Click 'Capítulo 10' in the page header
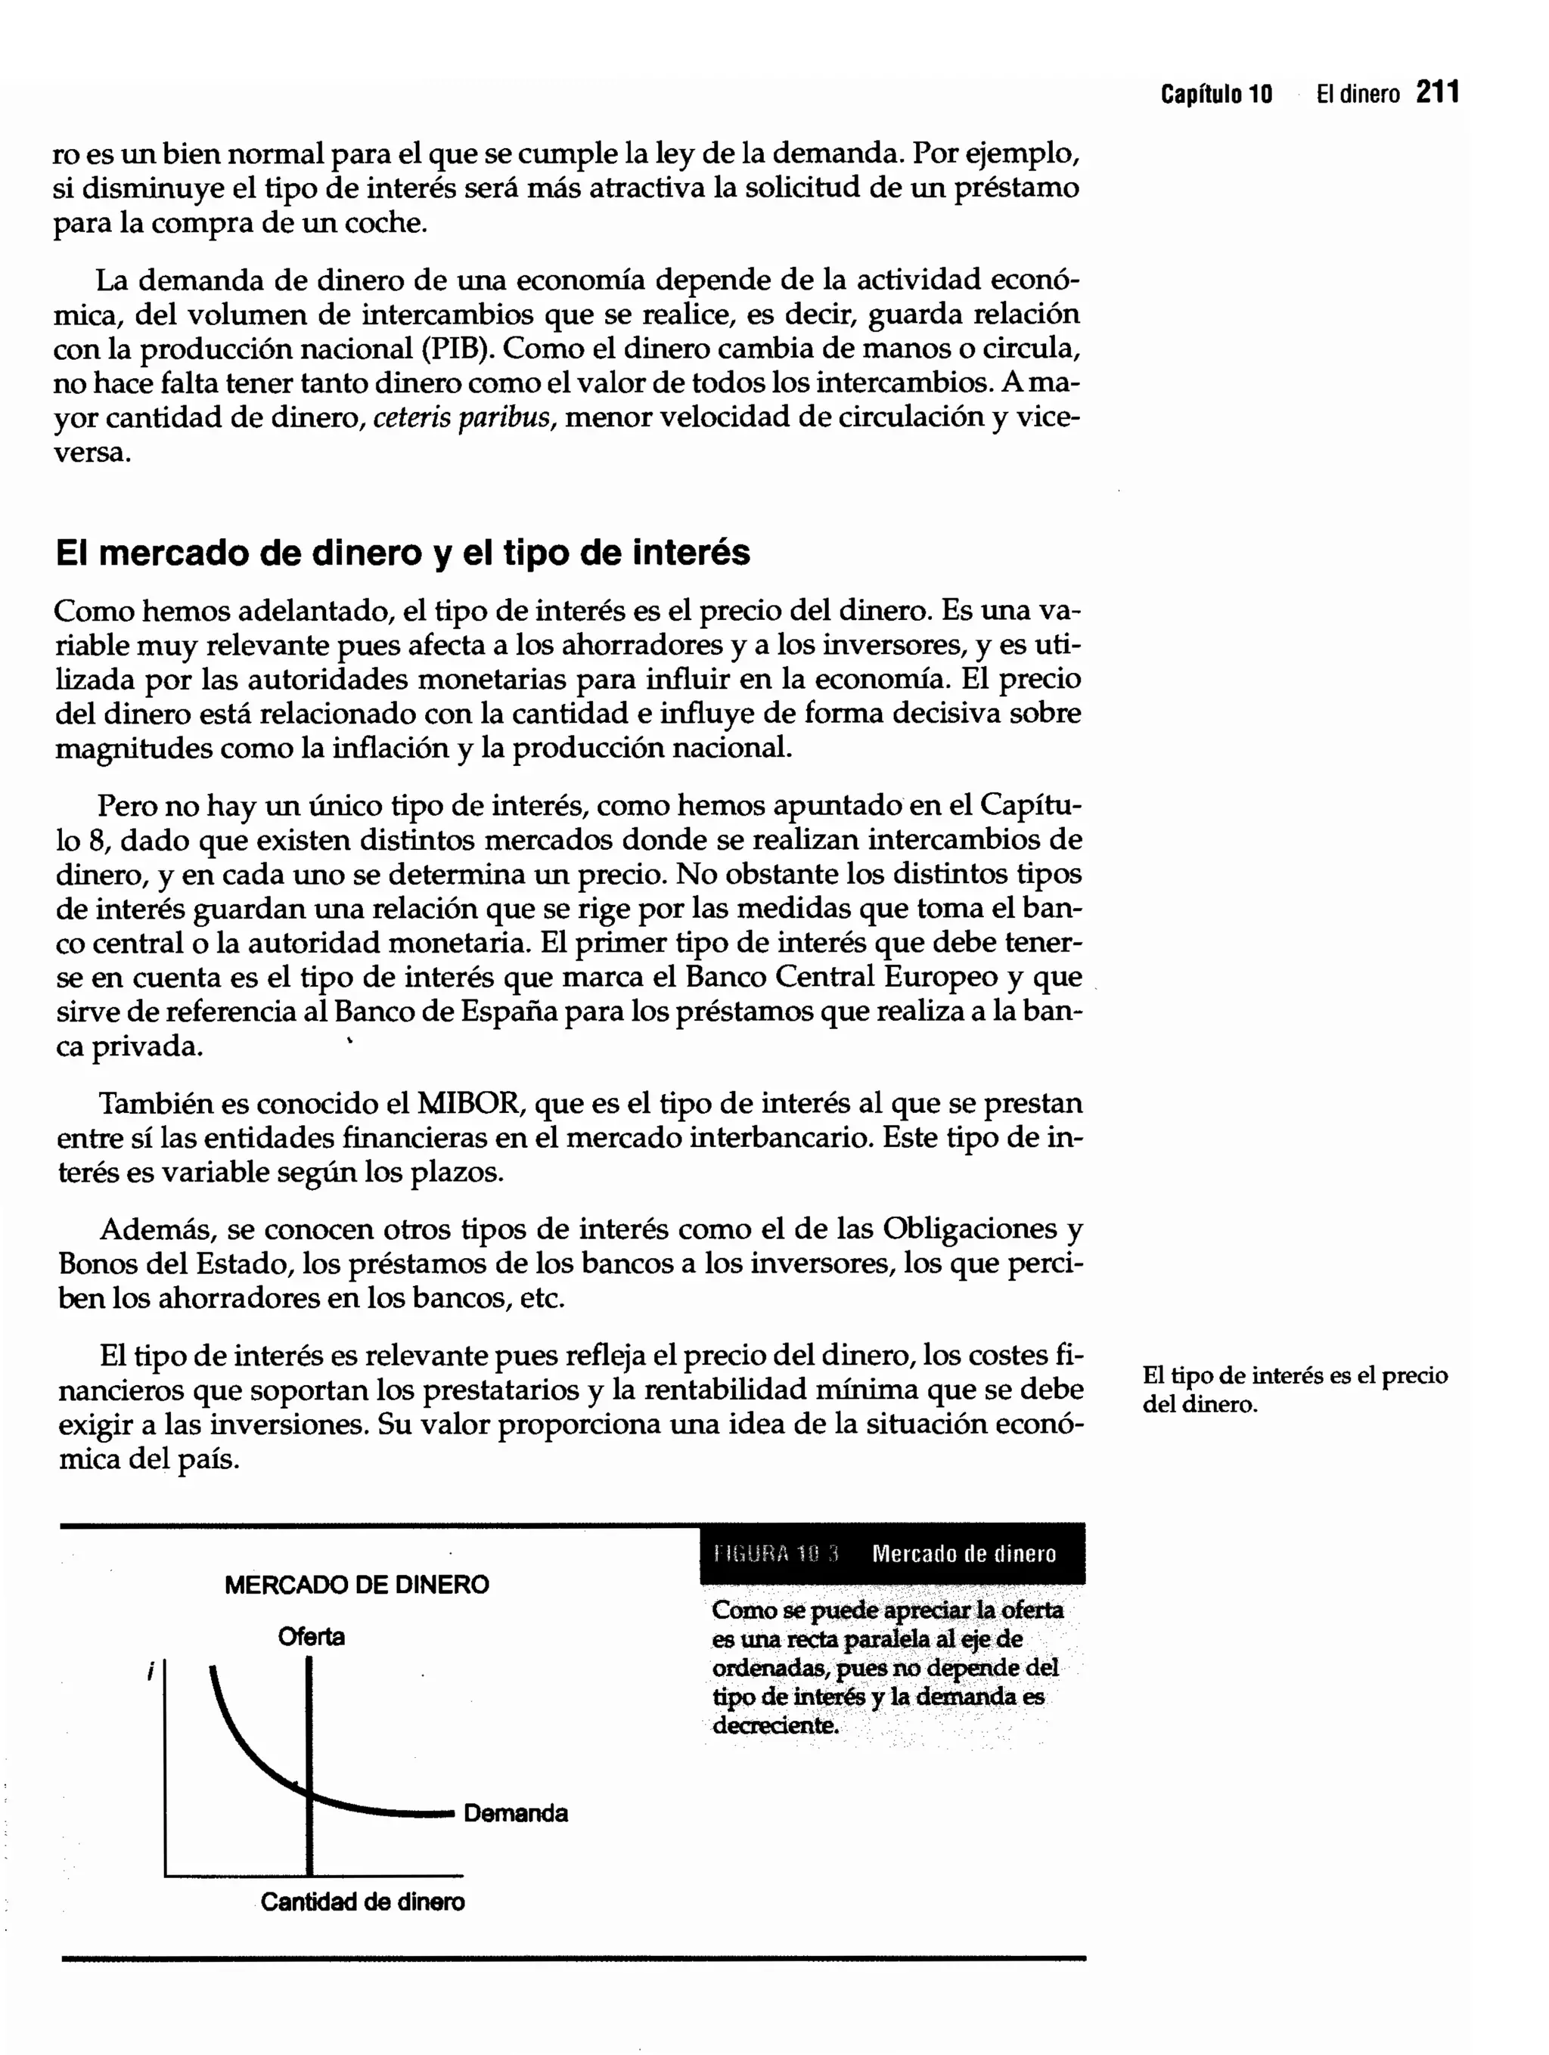pos(1215,94)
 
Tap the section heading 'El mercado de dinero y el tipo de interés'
pos(402,553)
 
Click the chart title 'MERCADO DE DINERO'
pos(357,1585)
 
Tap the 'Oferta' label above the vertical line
pos(312,1637)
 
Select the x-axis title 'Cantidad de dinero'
pos(362,1902)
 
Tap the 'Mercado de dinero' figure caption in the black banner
pos(964,1554)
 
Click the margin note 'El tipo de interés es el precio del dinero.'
pos(1293,1389)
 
